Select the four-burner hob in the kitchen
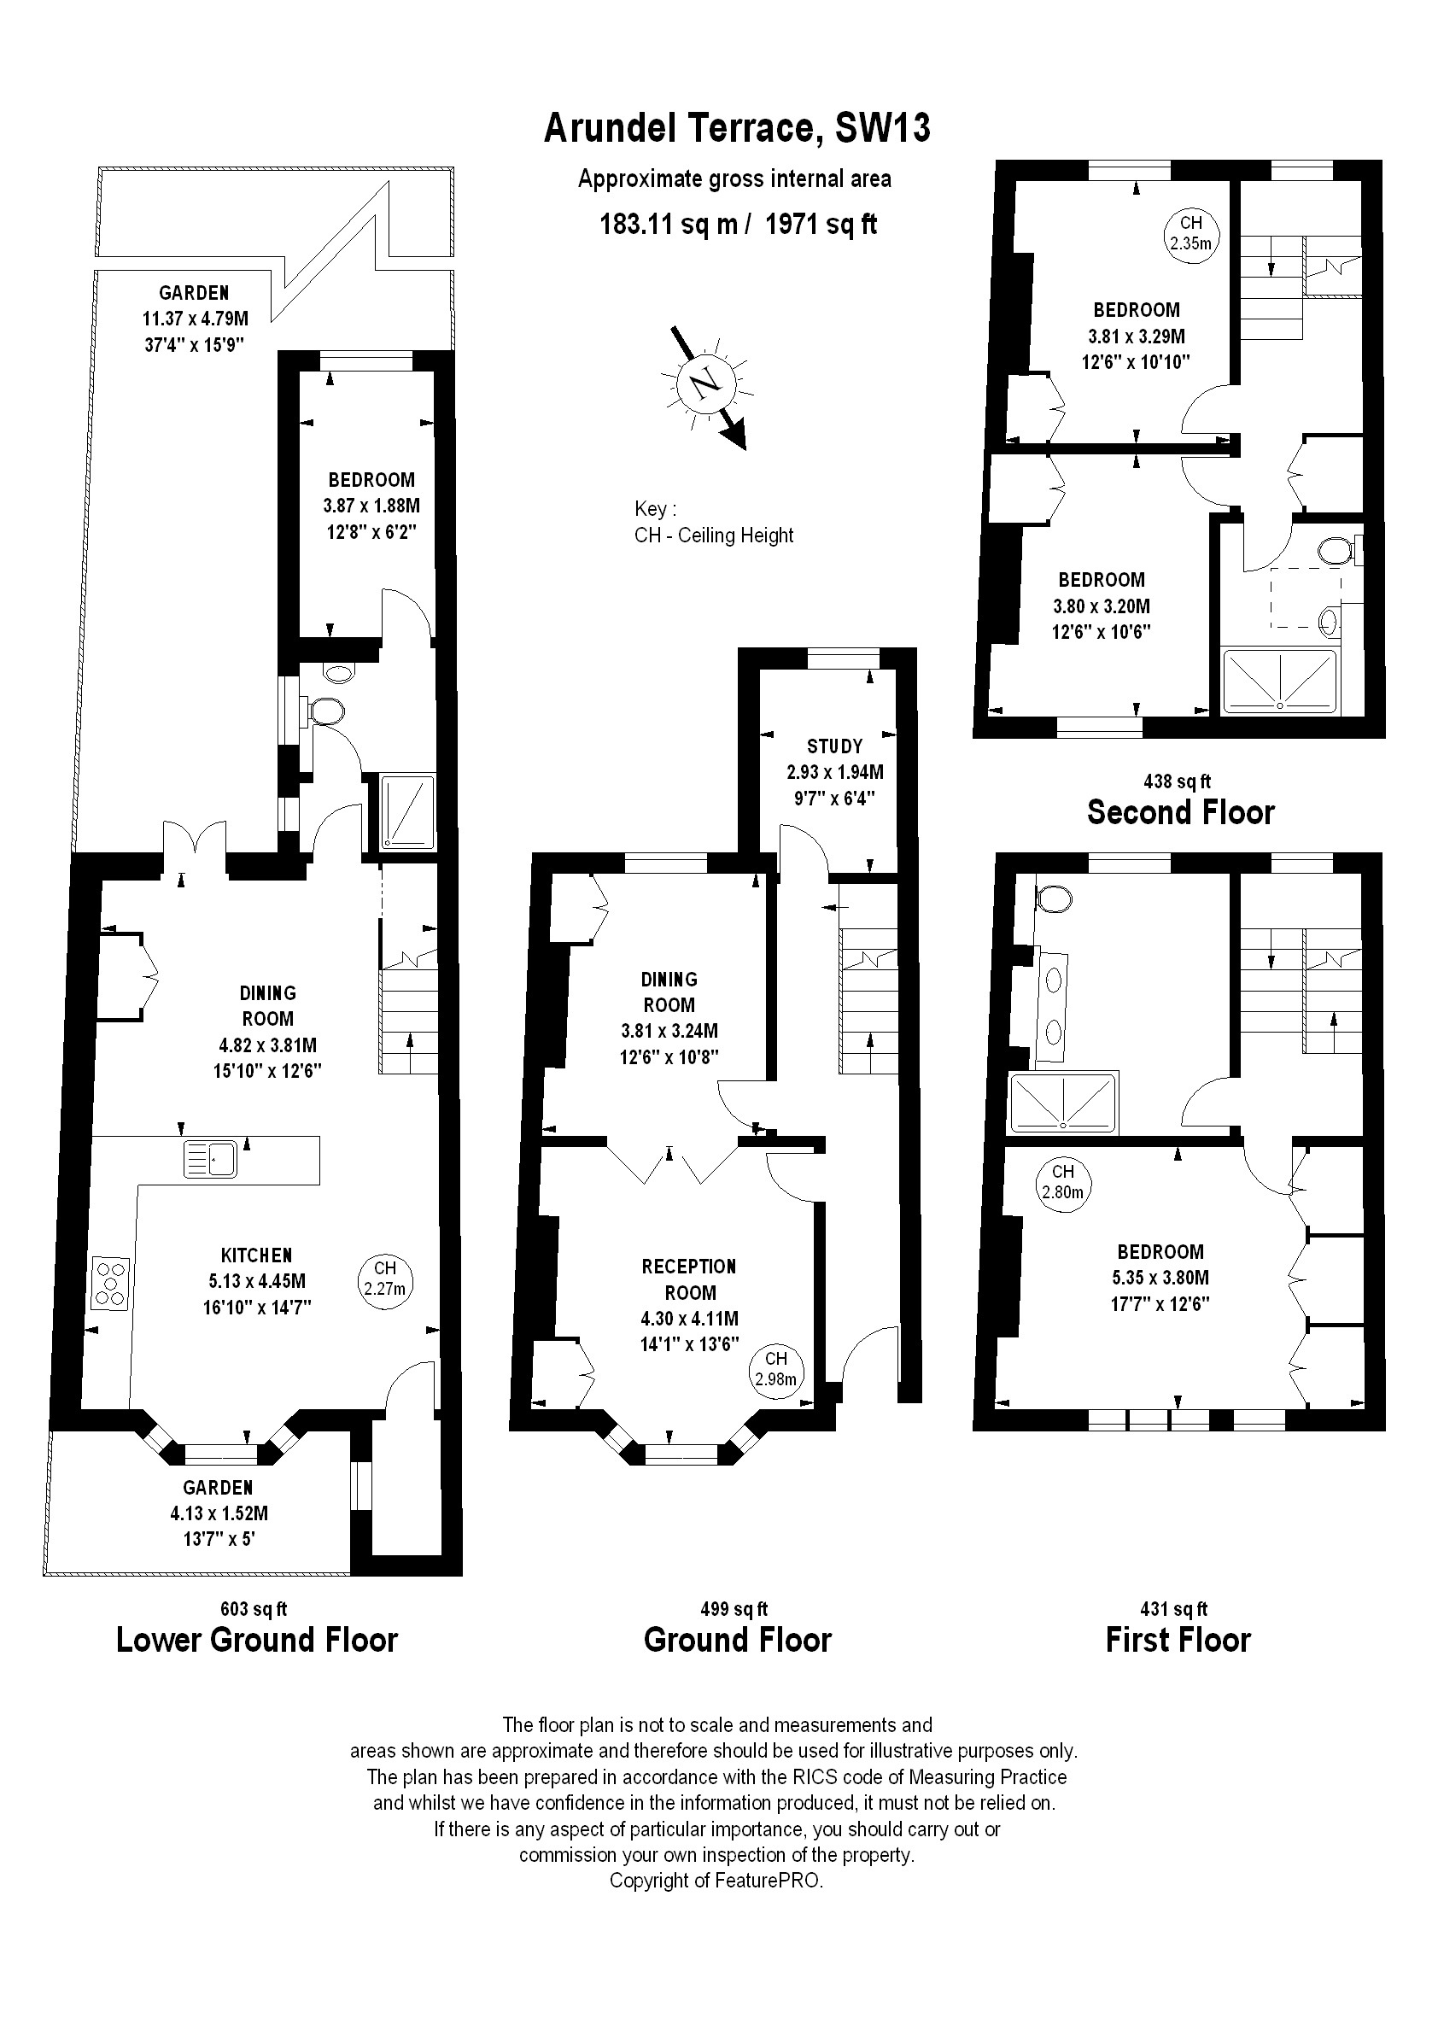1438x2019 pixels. (111, 1283)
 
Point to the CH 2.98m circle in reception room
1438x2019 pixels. (775, 1371)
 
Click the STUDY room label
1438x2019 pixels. (834, 746)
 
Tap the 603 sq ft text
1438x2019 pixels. (254, 1609)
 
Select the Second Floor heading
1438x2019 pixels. (1180, 812)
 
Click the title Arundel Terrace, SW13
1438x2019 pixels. (737, 128)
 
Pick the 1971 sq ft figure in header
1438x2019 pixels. (821, 224)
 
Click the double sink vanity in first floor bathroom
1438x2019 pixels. (1053, 1006)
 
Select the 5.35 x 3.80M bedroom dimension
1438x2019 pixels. (1160, 1278)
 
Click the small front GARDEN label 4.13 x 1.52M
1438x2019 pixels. (219, 1513)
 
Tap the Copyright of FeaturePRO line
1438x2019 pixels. (716, 1881)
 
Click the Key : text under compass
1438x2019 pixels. (655, 509)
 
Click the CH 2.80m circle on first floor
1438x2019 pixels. (1062, 1183)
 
